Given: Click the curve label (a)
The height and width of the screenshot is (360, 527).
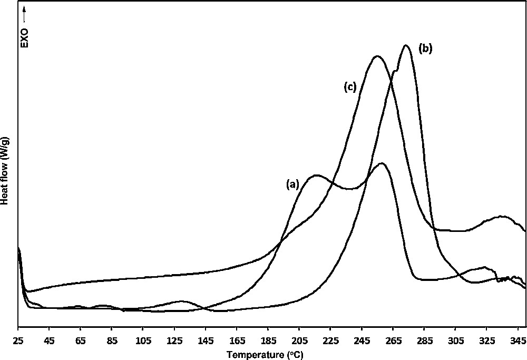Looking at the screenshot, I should [x=292, y=184].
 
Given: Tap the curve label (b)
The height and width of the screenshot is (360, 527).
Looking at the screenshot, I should [x=425, y=48].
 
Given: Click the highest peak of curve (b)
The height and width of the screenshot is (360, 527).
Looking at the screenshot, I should [x=405, y=45].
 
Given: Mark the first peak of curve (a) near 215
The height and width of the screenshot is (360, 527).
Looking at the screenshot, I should [x=316, y=175].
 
